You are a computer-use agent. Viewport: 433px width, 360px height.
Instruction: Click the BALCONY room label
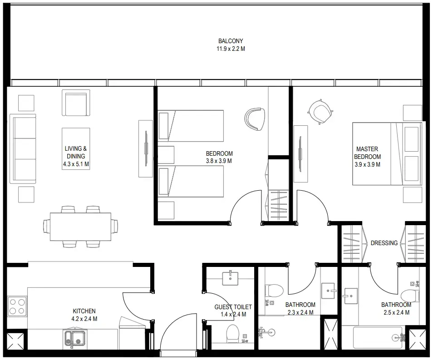pos(230,41)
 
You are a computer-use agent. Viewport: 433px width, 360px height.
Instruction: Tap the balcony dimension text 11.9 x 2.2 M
pos(231,49)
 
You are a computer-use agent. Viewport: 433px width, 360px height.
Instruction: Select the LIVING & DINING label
pos(76,152)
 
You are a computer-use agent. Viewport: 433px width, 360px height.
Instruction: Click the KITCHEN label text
pos(84,311)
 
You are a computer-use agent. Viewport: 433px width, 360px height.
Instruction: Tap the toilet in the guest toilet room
pos(232,333)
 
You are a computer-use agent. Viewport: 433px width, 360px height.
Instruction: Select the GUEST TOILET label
pos(233,307)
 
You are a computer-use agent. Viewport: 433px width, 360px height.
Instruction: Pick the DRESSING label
pos(384,243)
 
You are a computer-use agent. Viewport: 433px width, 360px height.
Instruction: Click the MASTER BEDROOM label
pos(367,153)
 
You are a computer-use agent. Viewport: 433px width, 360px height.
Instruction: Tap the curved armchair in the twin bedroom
pos(254,118)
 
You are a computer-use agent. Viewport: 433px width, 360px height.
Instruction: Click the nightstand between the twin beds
pos(166,154)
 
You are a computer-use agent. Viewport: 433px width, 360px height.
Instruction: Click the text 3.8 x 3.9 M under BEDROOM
pos(219,161)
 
